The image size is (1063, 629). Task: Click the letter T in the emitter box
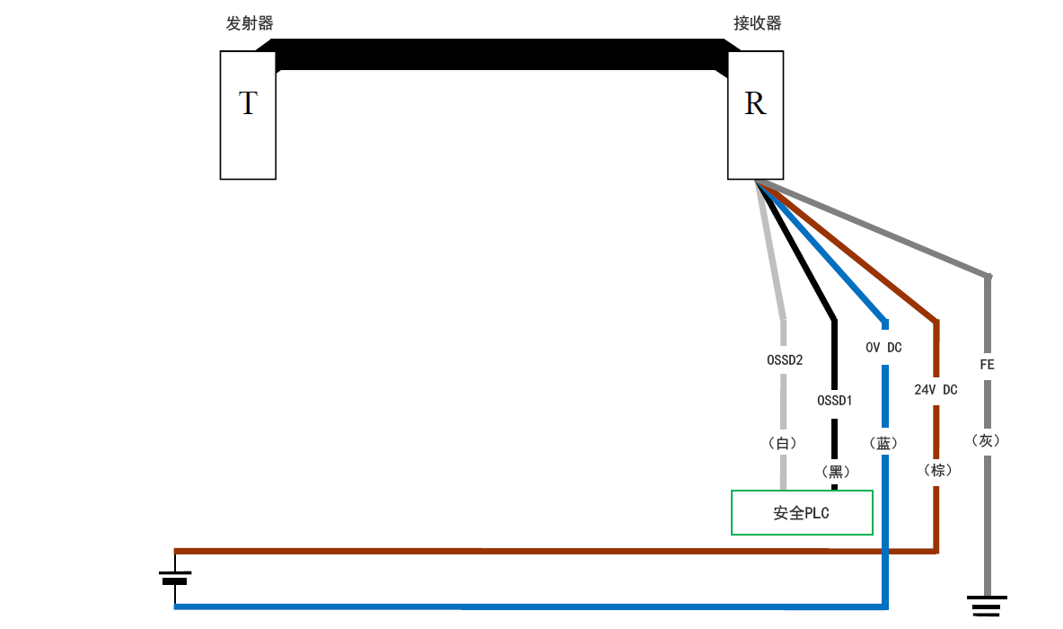248,104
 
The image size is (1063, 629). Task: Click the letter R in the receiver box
755,104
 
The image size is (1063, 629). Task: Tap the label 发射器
250,23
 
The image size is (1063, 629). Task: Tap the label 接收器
758,23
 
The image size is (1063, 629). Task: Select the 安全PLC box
802,513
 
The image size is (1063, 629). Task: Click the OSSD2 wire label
784,360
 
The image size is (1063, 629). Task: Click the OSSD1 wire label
834,400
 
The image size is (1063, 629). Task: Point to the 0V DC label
883,348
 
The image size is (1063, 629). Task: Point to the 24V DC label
936,390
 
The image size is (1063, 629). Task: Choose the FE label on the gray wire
987,366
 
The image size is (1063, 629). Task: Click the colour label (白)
784,443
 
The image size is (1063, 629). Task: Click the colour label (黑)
834,471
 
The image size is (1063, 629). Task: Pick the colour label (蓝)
884,443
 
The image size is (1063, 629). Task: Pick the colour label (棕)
936,470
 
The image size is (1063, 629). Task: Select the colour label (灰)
986,440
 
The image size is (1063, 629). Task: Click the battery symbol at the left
175,576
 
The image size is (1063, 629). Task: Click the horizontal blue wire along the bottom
530,607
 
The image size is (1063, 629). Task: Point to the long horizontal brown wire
539,550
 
